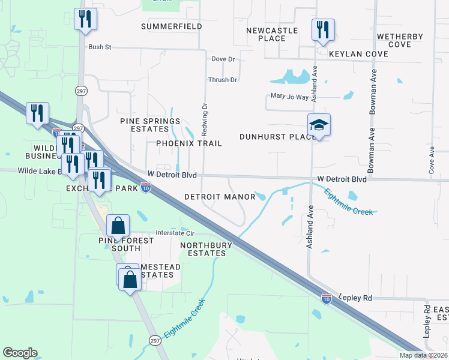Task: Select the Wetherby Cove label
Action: (x=399, y=40)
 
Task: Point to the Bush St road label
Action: (x=100, y=47)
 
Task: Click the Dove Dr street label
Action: (x=223, y=59)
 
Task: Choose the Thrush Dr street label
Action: (x=223, y=80)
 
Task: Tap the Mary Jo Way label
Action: (x=289, y=97)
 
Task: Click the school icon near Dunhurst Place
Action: (x=319, y=125)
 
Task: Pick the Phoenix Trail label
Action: (x=189, y=143)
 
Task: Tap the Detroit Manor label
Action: (x=220, y=197)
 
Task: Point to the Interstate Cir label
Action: (x=175, y=233)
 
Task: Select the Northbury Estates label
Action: (x=203, y=249)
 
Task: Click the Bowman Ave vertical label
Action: (x=373, y=151)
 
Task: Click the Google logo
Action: (x=20, y=353)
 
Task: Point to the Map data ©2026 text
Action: (x=424, y=355)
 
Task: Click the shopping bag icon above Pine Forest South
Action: (x=119, y=226)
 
